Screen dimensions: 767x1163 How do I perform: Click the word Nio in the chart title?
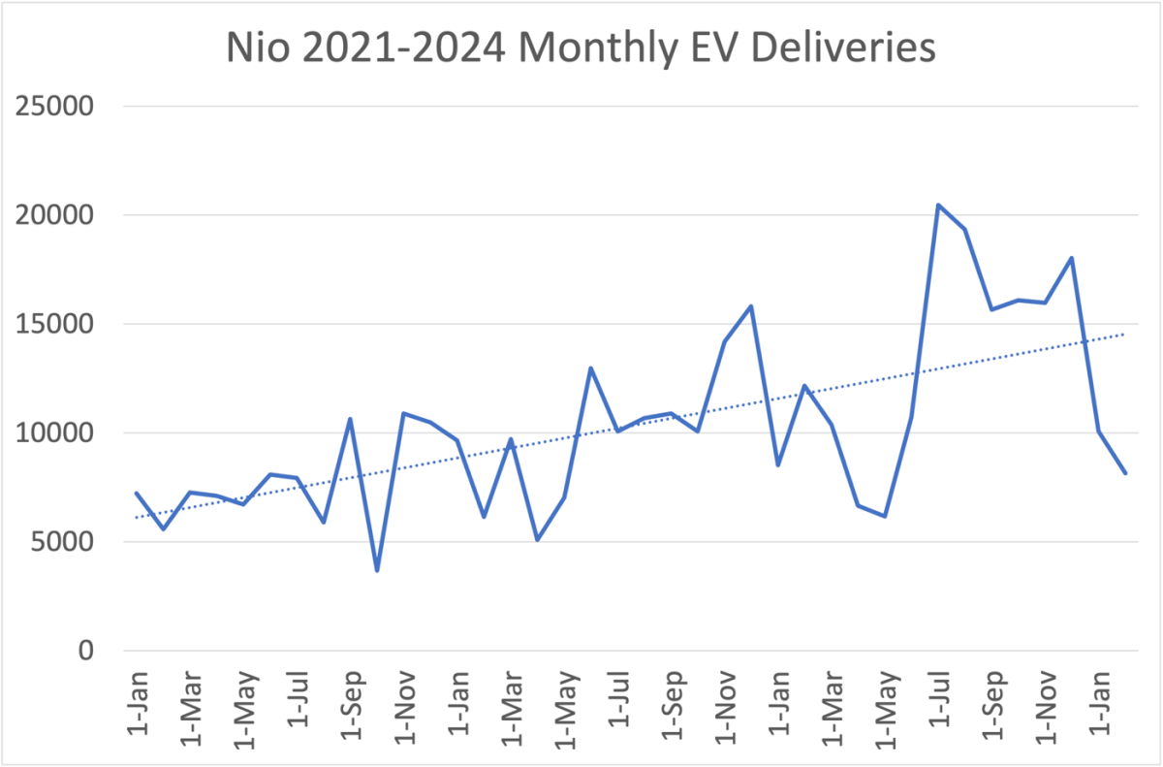tap(255, 47)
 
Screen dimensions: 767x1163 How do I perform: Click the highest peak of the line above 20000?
tap(937, 205)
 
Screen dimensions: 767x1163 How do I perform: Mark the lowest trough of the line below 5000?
tap(377, 570)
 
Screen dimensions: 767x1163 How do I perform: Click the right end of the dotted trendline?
tap(1124, 334)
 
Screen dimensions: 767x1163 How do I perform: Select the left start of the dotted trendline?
tap(136, 518)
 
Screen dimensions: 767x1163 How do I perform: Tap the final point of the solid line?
tap(1124, 473)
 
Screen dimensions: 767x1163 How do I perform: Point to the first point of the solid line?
tap(136, 493)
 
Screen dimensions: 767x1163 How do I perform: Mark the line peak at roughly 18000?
tap(1071, 258)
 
